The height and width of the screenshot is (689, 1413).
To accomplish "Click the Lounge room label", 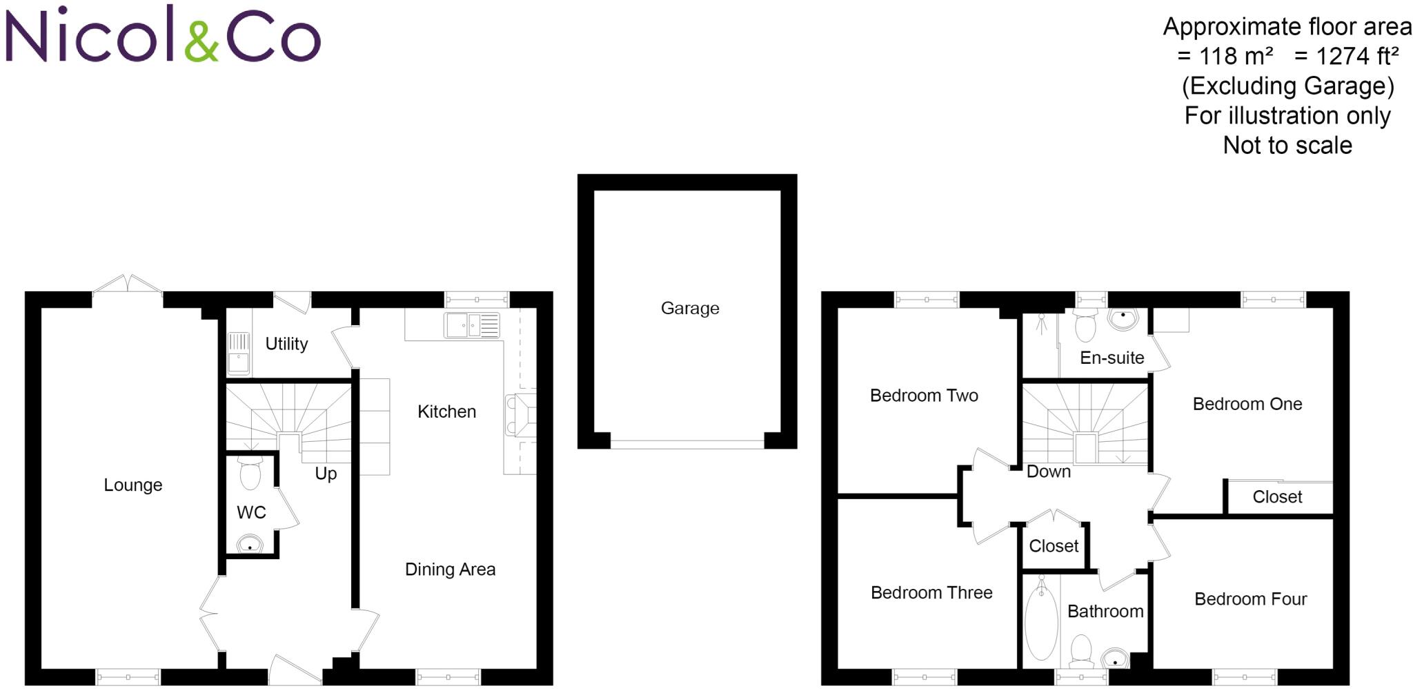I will (x=133, y=485).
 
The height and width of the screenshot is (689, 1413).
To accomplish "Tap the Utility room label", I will (x=286, y=344).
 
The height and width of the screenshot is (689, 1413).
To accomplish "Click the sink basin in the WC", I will (x=250, y=544).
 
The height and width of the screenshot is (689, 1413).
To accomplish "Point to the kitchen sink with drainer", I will (x=473, y=325).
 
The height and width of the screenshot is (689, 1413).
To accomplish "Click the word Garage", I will (x=690, y=309).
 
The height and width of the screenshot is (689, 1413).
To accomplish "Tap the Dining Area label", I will (x=450, y=570).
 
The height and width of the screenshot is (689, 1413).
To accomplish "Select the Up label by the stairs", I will (x=326, y=474).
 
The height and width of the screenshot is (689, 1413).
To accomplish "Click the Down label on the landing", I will (x=1049, y=472).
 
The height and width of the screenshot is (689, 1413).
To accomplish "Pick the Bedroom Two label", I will (x=924, y=396).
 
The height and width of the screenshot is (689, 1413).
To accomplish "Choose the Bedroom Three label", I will (x=931, y=593).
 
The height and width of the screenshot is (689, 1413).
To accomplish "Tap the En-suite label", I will (x=1111, y=358).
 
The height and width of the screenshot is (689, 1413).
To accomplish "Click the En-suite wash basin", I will (x=1123, y=318).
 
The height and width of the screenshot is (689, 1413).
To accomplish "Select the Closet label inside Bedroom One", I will (x=1277, y=497).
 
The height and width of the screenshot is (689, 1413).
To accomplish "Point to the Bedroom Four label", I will (x=1250, y=599).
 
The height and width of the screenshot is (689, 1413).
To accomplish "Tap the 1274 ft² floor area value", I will (x=1356, y=57).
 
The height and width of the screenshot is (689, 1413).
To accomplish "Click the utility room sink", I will (x=238, y=353).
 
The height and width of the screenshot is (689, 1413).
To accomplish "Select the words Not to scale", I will (x=1287, y=146).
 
